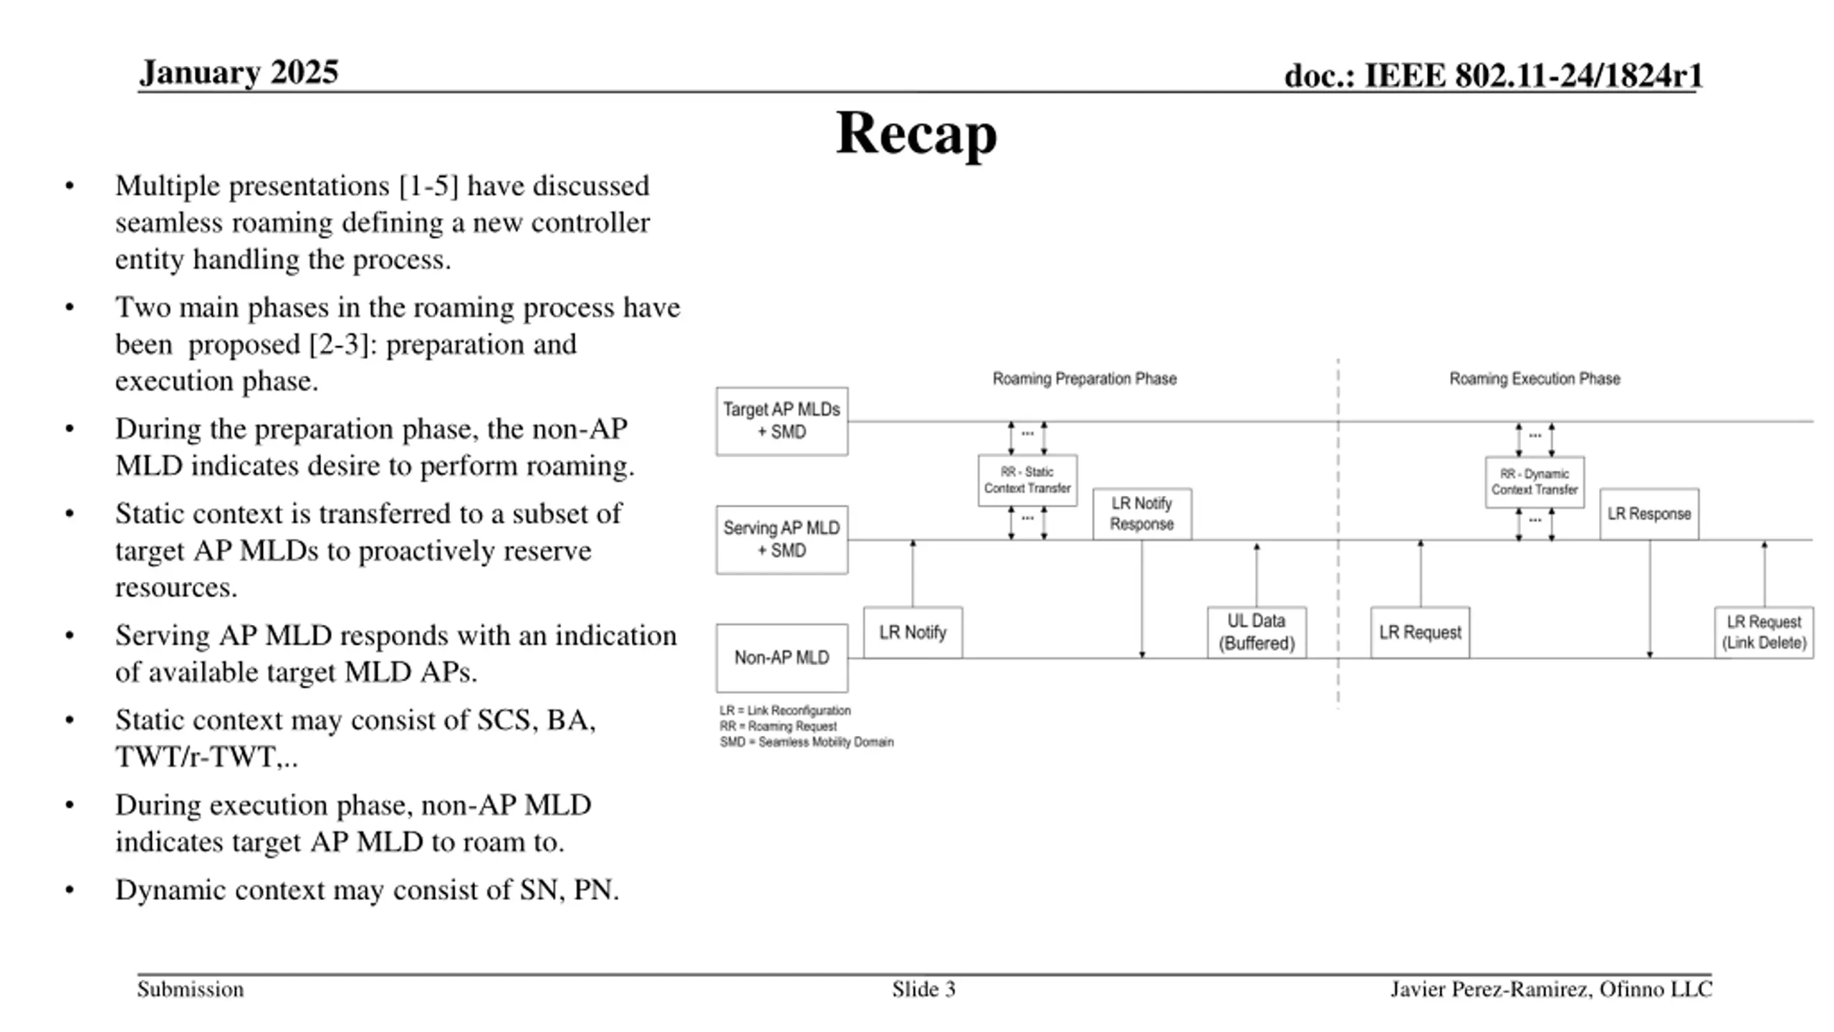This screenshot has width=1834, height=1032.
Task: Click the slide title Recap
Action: tap(916, 133)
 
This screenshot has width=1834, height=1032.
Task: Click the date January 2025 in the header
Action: tap(239, 72)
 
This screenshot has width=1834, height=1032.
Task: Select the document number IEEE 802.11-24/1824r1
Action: tap(1533, 75)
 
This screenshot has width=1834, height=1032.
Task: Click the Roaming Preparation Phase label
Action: tap(1085, 378)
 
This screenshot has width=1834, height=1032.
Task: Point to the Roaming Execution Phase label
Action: tap(1535, 378)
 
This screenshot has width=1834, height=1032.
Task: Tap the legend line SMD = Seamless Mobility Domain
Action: tap(807, 742)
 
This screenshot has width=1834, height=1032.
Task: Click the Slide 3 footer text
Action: tap(923, 989)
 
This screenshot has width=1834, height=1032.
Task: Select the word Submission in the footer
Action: tap(191, 989)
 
